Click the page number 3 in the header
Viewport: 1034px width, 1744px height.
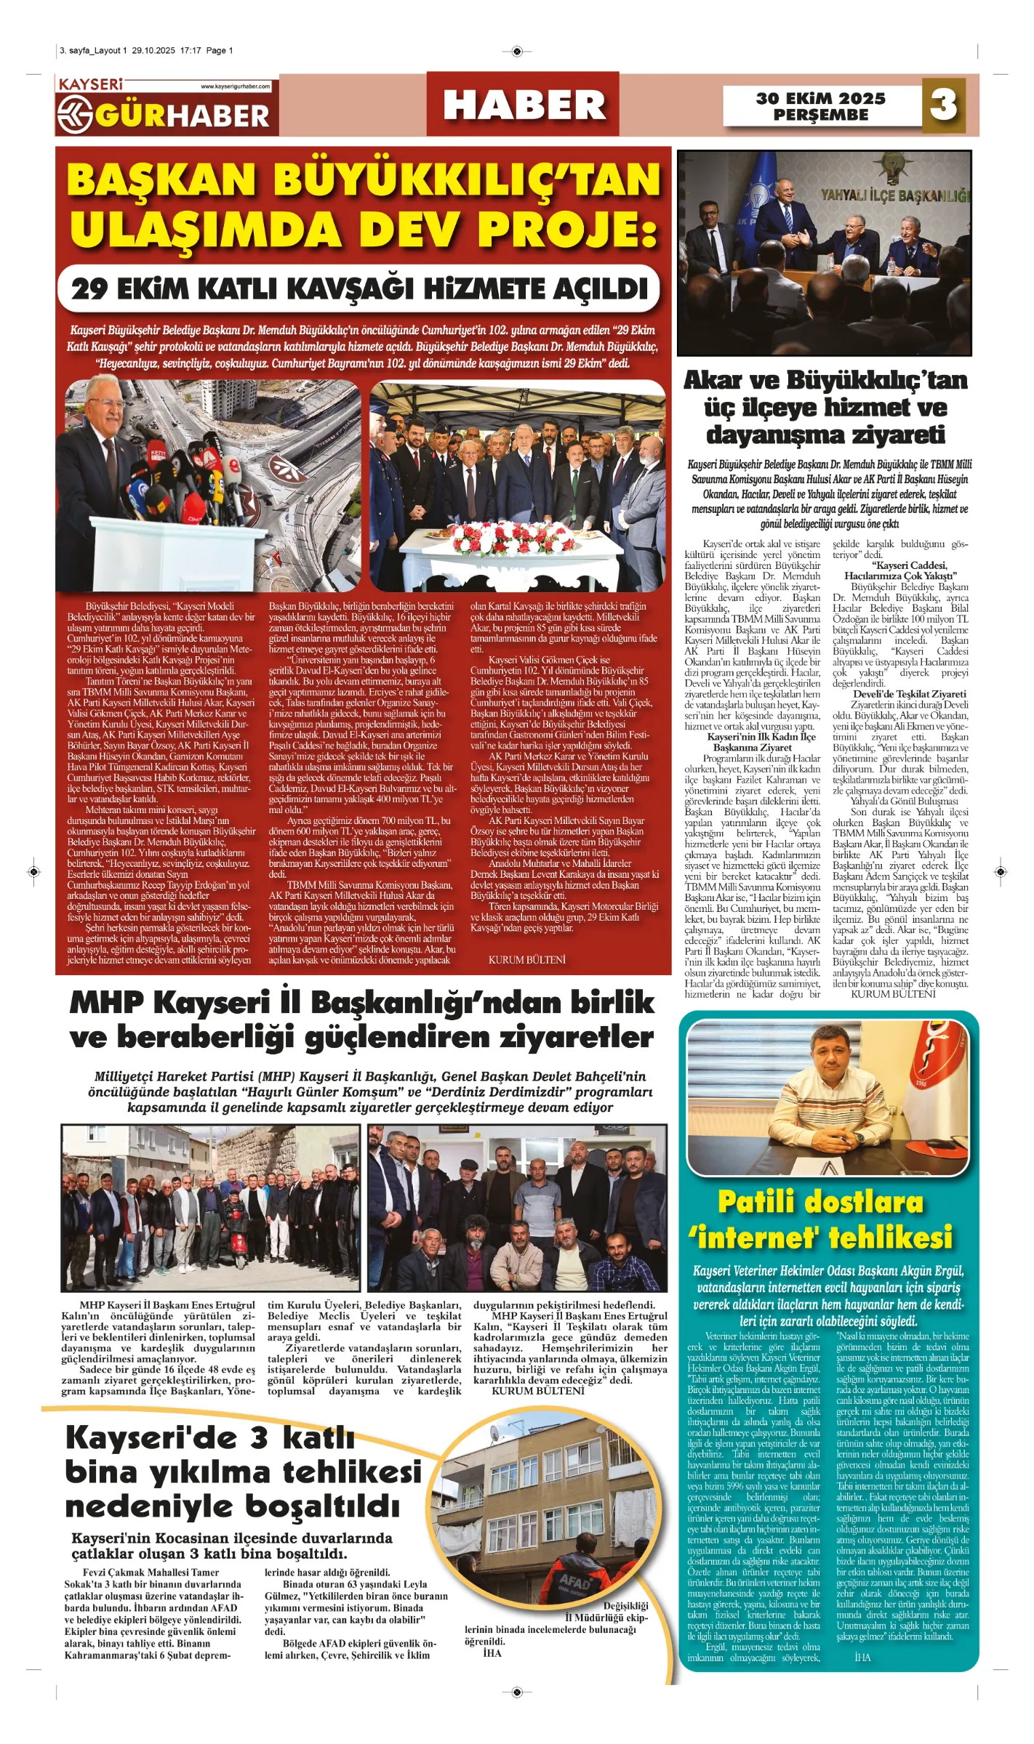(943, 104)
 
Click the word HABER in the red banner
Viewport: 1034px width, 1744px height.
(524, 105)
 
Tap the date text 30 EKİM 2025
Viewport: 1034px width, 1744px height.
(820, 98)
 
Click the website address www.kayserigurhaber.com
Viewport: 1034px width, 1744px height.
(235, 86)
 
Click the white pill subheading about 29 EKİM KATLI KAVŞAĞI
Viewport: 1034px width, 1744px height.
(359, 288)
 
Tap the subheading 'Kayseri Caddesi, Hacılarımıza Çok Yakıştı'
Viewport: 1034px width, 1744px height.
(900, 570)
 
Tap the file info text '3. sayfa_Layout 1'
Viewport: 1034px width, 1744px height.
(93, 51)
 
